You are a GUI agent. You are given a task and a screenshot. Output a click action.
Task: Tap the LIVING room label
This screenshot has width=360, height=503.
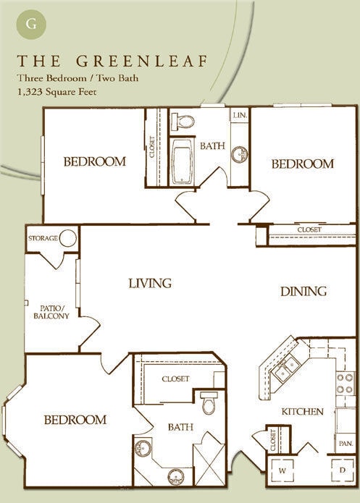pos(150,283)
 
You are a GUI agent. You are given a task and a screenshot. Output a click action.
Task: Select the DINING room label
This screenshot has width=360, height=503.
pos(304,292)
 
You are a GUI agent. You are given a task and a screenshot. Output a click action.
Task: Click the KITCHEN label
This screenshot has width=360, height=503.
pos(302,411)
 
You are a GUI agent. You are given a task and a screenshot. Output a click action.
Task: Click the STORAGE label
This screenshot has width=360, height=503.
pos(43,238)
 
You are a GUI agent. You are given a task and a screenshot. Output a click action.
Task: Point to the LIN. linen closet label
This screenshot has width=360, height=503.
pos(239,116)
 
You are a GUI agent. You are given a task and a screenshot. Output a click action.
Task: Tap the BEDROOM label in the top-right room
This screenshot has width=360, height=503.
pos(302,164)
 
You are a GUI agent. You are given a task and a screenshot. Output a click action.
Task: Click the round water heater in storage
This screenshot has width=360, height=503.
pos(68,238)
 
